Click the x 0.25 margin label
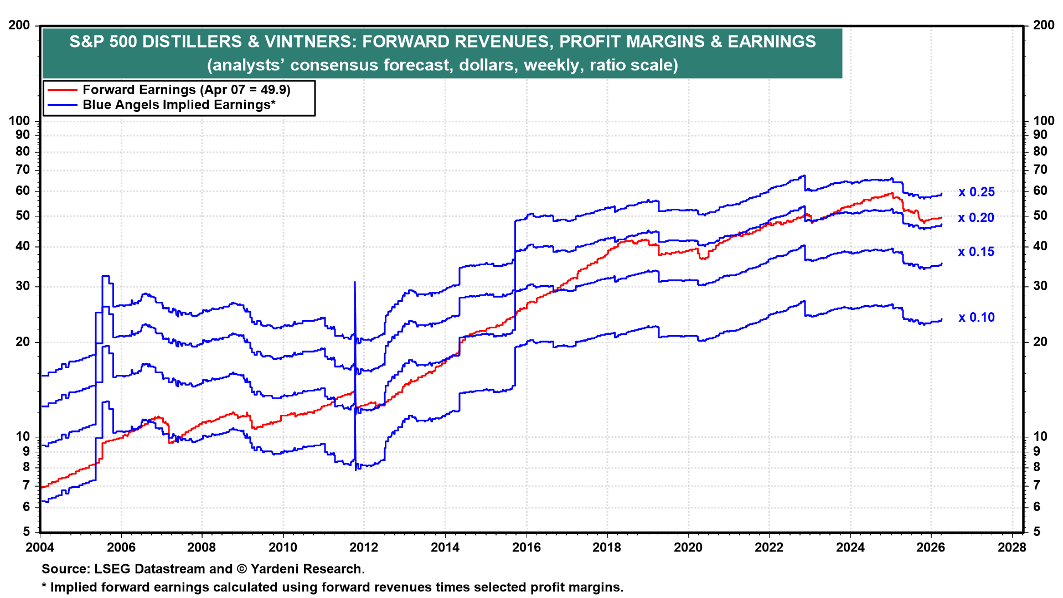click(977, 192)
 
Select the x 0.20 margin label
click(977, 218)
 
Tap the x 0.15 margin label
click(977, 252)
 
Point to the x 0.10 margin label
click(977, 318)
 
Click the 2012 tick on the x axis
click(364, 548)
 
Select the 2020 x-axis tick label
click(688, 548)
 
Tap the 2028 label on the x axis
click(1012, 548)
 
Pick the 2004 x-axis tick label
click(40, 548)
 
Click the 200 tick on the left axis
click(19, 25)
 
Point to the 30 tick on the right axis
click(1040, 286)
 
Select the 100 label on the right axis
click(1044, 121)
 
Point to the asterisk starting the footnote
click(44, 586)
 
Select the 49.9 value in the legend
click(274, 90)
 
